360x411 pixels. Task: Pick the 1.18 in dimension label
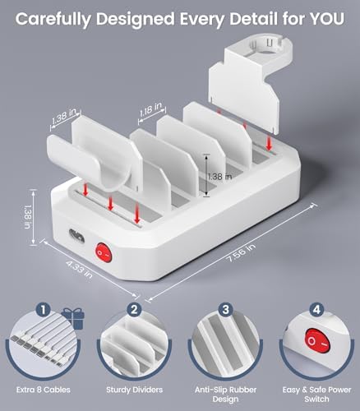point(151,107)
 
